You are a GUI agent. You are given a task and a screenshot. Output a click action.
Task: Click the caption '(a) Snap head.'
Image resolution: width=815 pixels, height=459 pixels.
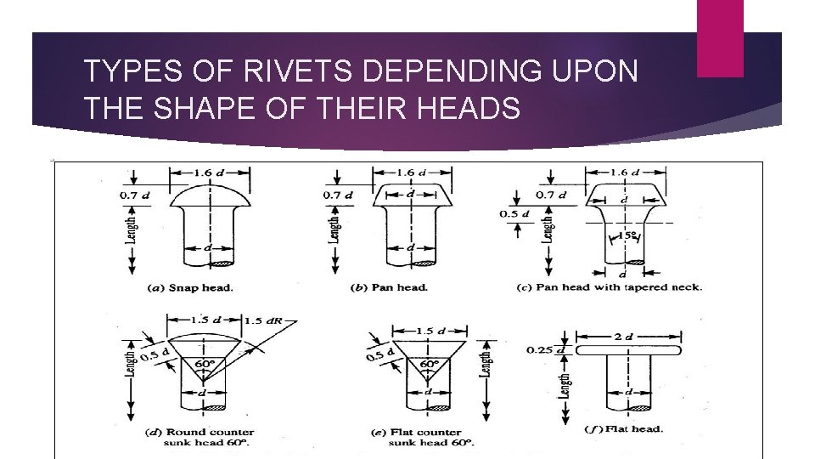190,287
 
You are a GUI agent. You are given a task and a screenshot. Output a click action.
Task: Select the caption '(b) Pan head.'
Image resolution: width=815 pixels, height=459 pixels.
389,287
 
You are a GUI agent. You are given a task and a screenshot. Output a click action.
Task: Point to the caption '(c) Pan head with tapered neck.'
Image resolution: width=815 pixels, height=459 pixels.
609,287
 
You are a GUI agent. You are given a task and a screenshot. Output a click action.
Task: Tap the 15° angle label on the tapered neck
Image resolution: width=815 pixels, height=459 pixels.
629,235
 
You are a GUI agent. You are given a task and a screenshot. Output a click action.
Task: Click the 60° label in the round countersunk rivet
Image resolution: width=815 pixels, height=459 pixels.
204,364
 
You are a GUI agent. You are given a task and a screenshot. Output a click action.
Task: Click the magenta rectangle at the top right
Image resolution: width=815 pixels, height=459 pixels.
719,37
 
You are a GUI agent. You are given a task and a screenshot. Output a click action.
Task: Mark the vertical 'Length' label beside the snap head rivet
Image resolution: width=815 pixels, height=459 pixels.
132,227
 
